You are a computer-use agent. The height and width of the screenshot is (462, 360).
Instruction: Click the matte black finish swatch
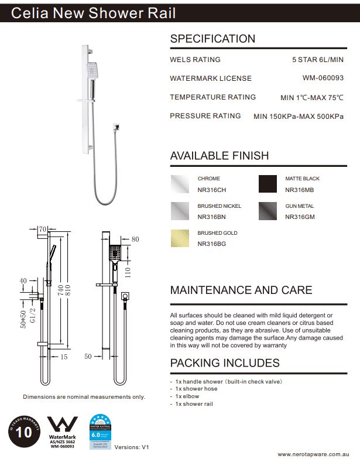coord(268,184)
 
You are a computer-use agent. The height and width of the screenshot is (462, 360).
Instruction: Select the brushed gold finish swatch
coord(179,238)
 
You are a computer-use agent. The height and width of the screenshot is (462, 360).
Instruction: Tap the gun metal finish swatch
coord(268,211)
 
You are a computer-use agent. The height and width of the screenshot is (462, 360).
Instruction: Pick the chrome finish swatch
coord(179,184)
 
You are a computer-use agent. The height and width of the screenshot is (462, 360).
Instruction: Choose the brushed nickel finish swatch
coord(179,211)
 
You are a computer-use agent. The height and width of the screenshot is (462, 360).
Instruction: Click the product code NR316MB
coord(299,190)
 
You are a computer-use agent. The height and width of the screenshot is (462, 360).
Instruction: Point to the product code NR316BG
coord(211,244)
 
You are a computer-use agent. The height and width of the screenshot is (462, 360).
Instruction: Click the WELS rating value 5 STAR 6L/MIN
coord(317,60)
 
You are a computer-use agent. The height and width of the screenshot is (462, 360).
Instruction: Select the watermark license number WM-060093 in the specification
coord(323,77)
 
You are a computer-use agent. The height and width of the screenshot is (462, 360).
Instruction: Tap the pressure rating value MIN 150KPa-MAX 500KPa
coord(298,117)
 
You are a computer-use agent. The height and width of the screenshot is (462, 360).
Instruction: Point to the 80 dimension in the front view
coord(136,239)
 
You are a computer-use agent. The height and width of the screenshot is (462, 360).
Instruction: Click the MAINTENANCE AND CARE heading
coord(241,290)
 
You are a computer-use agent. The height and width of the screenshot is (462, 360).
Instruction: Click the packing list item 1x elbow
coord(187,396)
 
